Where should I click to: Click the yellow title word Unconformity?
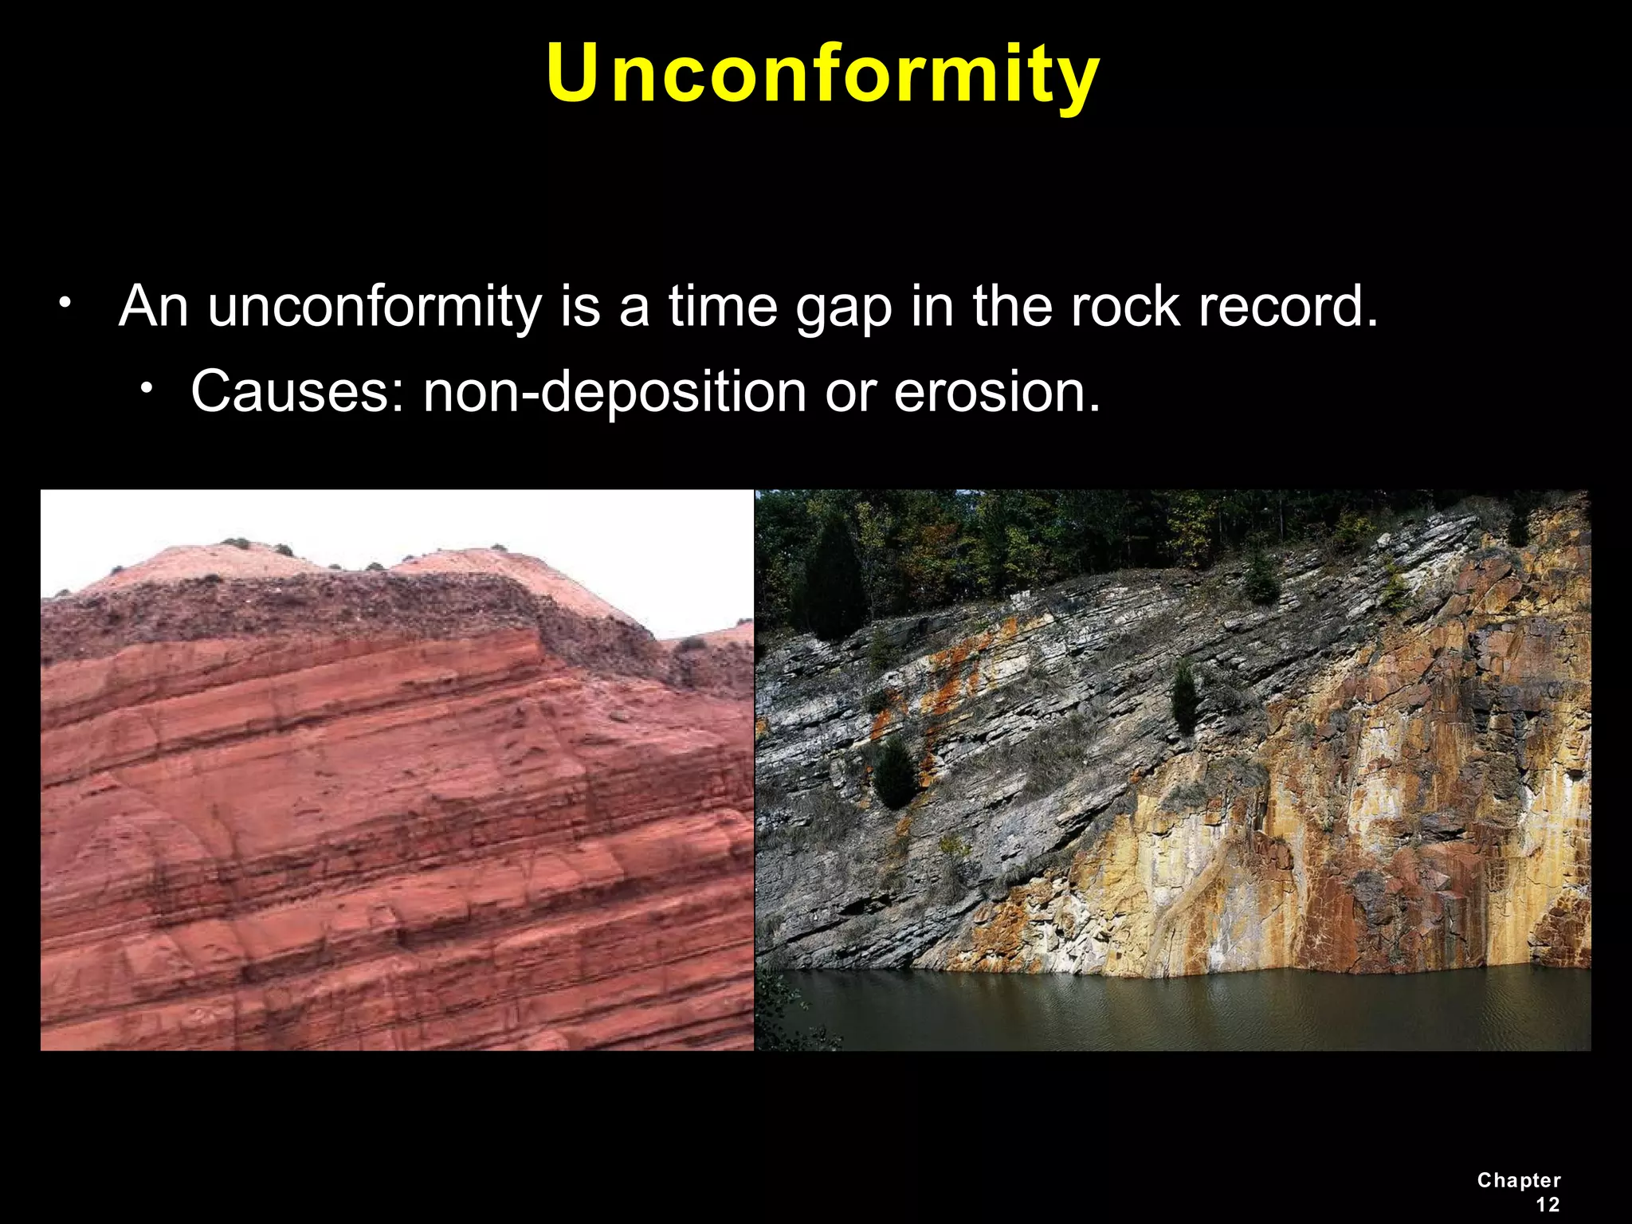tap(822, 73)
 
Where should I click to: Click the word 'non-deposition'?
tap(614, 391)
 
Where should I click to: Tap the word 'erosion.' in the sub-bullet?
tap(997, 391)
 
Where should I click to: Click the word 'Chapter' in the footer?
tap(1518, 1180)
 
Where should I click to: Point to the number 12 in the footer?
tap(1547, 1204)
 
